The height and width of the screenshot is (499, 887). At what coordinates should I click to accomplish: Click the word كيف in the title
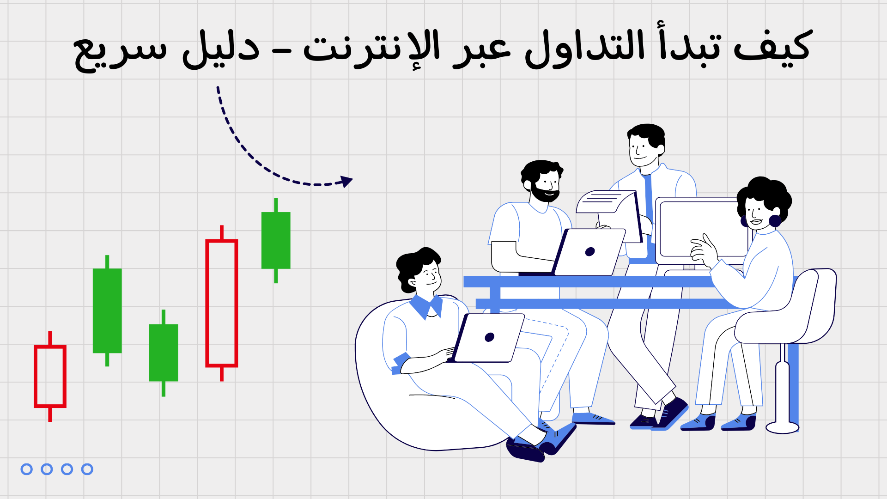pos(772,46)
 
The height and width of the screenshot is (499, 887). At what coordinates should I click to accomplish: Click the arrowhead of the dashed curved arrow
pos(346,181)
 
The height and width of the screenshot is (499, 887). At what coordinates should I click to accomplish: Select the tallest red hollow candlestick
pos(222,303)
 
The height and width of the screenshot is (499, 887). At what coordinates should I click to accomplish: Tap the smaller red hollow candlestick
pos(50,376)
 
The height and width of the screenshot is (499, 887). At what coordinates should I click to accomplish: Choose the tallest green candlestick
pos(107,310)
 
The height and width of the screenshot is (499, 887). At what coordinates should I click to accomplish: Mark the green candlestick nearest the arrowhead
pos(276,240)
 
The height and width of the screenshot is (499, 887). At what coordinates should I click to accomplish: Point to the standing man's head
pos(646,144)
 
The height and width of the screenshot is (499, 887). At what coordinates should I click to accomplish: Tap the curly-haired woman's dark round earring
pos(775,221)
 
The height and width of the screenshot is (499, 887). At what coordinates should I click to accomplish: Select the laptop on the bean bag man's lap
pos(489,338)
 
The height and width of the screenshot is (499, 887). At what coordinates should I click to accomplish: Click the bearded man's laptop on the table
pos(589,252)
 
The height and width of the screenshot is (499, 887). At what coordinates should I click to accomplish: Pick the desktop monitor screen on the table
pos(702,230)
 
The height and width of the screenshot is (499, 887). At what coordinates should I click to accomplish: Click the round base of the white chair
pos(782,427)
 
